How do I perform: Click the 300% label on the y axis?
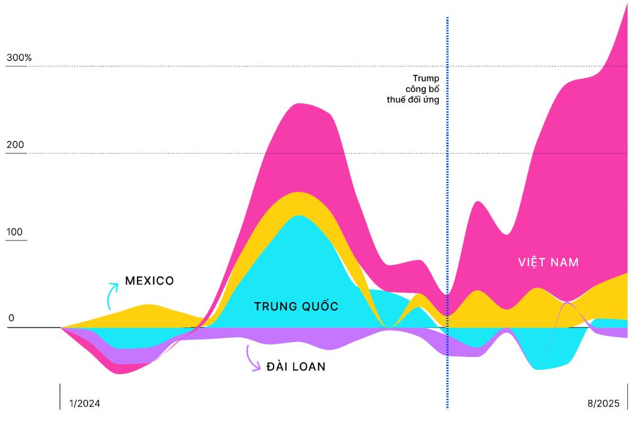coord(19,58)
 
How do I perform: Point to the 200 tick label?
coord(14,145)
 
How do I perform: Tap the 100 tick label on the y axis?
coord(14,233)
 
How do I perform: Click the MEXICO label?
coord(149,281)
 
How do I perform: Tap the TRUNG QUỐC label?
coord(296,306)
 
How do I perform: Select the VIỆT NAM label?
coord(548,262)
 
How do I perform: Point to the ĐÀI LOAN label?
coord(296,366)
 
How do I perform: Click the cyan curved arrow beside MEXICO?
coord(112,294)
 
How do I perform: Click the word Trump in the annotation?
coord(426,78)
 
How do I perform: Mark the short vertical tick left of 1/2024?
coord(60,396)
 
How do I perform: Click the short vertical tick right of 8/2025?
coord(627,396)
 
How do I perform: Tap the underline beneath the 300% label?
coord(16,66)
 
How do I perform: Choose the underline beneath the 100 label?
coord(16,241)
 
